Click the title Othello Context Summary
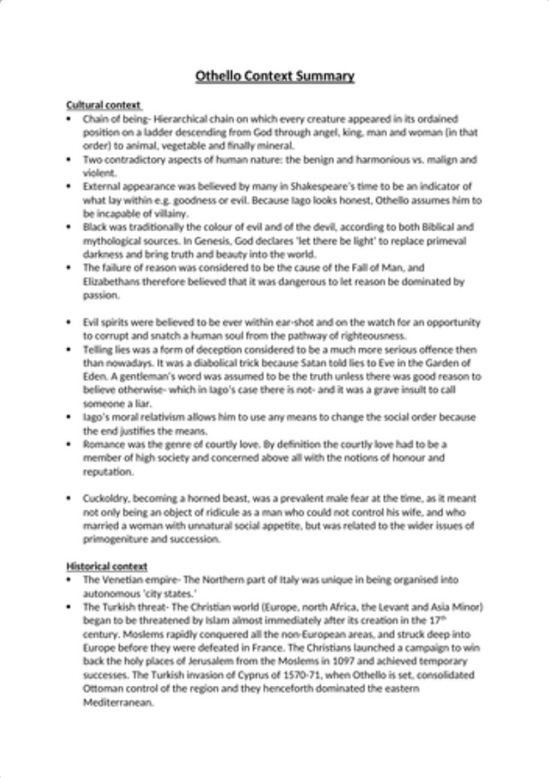point(274,76)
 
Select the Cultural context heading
point(103,105)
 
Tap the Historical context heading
point(106,566)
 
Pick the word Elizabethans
point(109,282)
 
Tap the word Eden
point(93,377)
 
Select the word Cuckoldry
point(104,498)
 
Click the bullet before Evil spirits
point(68,323)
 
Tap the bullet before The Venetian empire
point(68,579)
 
